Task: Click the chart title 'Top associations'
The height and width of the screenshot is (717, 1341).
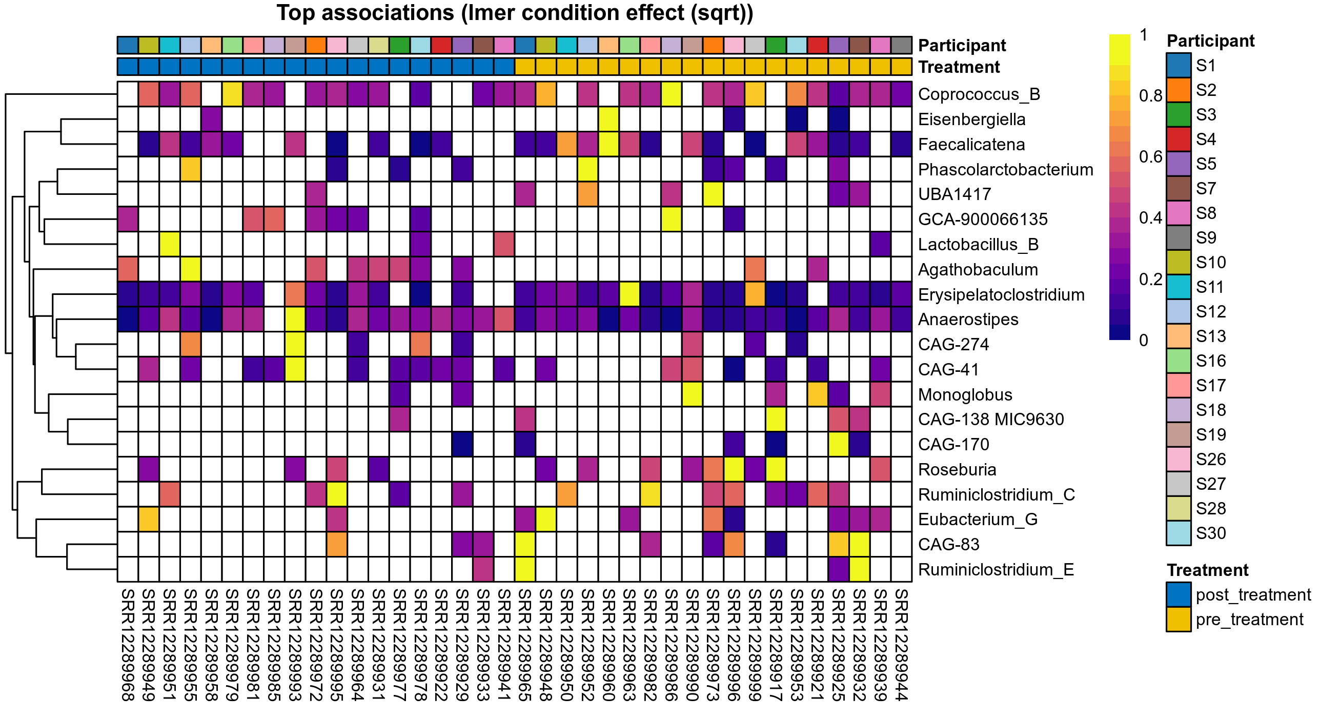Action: pyautogui.click(x=514, y=13)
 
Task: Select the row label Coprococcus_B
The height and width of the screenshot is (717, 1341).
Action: pyautogui.click(x=979, y=94)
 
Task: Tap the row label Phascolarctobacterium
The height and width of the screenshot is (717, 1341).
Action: pyautogui.click(x=1005, y=170)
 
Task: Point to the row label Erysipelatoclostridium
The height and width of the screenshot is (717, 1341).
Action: pyautogui.click(x=1001, y=295)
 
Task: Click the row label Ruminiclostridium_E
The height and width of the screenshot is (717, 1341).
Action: pyautogui.click(x=996, y=570)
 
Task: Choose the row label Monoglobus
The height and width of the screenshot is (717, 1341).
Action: pyautogui.click(x=965, y=395)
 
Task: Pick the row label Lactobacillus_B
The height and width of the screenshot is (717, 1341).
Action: pyautogui.click(x=978, y=245)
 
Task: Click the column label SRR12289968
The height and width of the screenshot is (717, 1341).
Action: pyautogui.click(x=128, y=645)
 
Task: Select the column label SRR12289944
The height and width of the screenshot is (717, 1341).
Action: pyautogui.click(x=902, y=645)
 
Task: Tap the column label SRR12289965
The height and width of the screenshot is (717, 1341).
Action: pyautogui.click(x=525, y=645)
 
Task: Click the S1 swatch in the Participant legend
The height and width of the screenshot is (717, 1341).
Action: pyautogui.click(x=1179, y=66)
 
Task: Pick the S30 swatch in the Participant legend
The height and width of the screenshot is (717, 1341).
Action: pyautogui.click(x=1179, y=533)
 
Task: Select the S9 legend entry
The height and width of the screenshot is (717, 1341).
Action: pyautogui.click(x=1179, y=238)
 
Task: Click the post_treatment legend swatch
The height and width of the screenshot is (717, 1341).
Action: pyautogui.click(x=1179, y=594)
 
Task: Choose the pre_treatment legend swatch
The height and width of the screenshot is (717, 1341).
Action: pyautogui.click(x=1179, y=620)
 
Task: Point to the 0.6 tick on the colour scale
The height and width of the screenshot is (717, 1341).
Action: pyautogui.click(x=1150, y=157)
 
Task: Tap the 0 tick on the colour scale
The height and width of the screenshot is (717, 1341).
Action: pyautogui.click(x=1144, y=341)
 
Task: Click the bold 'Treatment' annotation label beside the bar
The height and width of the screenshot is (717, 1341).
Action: pyautogui.click(x=959, y=67)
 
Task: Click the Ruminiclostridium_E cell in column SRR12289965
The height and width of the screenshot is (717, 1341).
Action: pyautogui.click(x=525, y=569)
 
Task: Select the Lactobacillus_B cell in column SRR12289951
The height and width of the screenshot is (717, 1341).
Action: pyautogui.click(x=170, y=244)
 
